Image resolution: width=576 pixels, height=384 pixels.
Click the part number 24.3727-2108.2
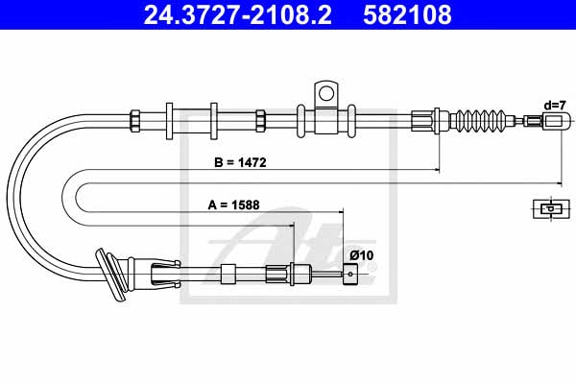pyautogui.click(x=238, y=14)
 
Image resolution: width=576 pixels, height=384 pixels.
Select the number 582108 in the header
pyautogui.click(x=407, y=14)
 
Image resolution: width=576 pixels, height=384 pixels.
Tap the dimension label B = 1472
pyautogui.click(x=240, y=162)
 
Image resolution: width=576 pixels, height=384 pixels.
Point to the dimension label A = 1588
pyautogui.click(x=233, y=204)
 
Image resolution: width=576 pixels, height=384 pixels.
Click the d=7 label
pyautogui.click(x=555, y=106)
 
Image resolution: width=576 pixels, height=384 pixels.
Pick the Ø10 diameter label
pyautogui.click(x=362, y=255)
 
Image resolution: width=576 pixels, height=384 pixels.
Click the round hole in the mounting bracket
pyautogui.click(x=326, y=93)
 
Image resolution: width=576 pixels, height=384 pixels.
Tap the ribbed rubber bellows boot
pyautogui.click(x=477, y=120)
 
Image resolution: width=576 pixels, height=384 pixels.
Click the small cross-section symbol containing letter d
pyautogui.click(x=551, y=208)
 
